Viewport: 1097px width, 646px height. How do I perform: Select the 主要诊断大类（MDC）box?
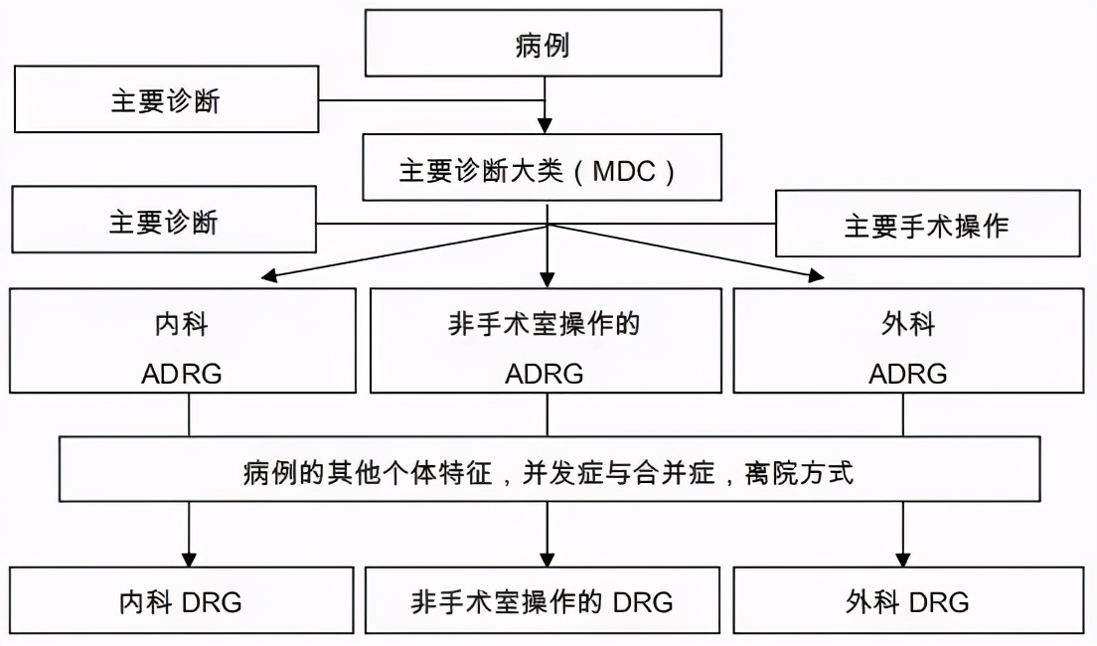point(544,171)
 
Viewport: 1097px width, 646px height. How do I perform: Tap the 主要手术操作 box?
point(926,226)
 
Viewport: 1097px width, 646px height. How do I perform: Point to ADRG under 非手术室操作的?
point(544,375)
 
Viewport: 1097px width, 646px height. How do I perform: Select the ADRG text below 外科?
point(907,375)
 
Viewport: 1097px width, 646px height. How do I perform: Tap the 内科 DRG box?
point(183,601)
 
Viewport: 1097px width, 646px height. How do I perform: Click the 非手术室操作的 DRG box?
point(544,601)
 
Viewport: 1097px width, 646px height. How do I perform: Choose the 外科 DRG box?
point(907,601)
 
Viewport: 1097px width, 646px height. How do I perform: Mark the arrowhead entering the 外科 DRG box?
point(903,559)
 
